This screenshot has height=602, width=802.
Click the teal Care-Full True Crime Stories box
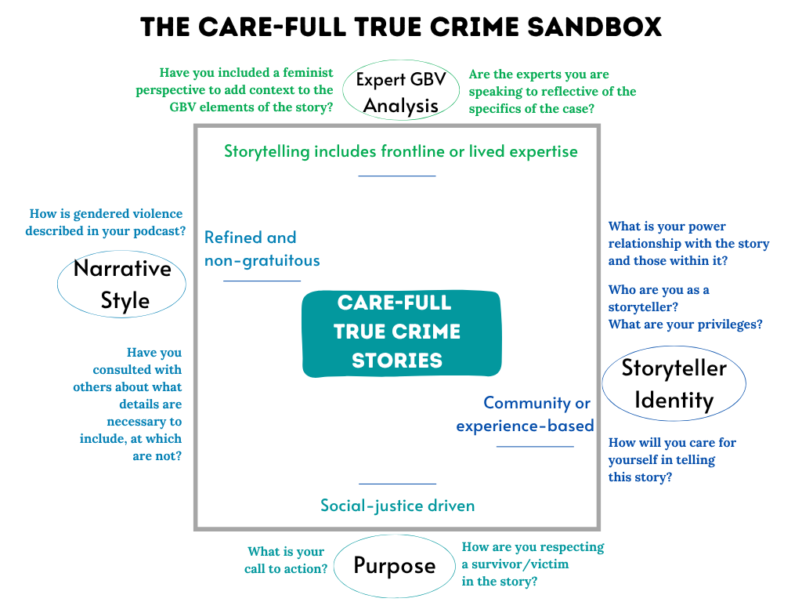tap(401, 332)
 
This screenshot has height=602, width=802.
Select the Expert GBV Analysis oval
tap(401, 92)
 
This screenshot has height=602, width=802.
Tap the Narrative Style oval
tap(123, 284)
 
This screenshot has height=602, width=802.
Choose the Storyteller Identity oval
tap(674, 383)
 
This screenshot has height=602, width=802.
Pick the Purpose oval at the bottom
tap(394, 565)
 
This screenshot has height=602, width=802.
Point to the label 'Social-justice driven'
tap(397, 505)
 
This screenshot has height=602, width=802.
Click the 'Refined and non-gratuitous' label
tap(262, 248)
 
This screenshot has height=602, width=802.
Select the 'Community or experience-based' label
tap(526, 414)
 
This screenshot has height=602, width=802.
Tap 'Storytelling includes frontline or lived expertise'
tap(400, 150)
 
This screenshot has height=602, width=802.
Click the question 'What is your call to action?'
tap(286, 560)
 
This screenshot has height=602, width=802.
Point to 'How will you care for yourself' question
tap(672, 459)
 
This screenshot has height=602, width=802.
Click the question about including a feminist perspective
tap(234, 90)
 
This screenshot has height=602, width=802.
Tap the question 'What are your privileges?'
tap(685, 324)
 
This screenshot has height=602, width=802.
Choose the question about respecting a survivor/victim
tap(533, 564)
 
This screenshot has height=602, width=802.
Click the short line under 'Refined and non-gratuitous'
tap(262, 280)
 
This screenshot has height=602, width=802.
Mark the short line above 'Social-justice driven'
tap(397, 484)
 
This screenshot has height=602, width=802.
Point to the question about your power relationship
tap(688, 243)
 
